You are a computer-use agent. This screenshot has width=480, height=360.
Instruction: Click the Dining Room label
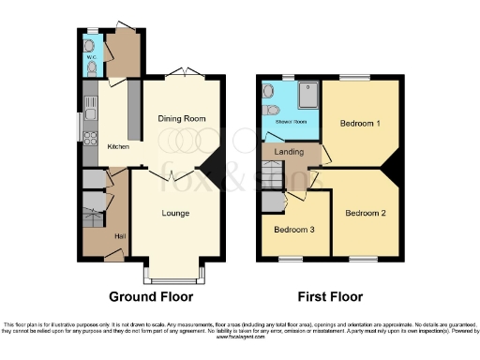point(182,118)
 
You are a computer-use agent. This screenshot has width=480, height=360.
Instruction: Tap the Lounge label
point(175,213)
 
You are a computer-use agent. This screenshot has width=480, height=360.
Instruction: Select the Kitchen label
point(118,146)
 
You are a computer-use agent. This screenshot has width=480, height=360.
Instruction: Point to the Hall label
point(120,235)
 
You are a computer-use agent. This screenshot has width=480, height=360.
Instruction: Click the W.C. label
point(92,54)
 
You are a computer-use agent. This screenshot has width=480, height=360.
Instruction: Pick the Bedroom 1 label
point(358,123)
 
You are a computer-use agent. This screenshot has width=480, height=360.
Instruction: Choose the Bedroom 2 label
point(365,213)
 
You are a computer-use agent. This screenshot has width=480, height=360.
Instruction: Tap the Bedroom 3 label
point(293,229)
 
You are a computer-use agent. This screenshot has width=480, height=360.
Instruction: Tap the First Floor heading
point(330,296)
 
